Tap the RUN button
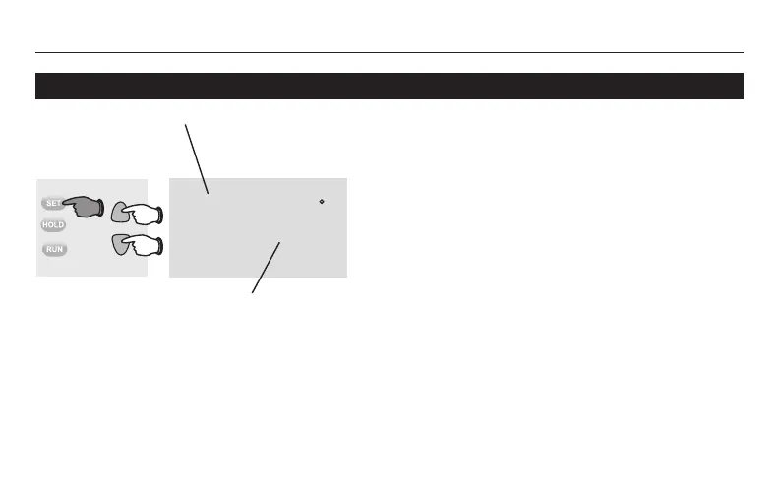pos(53,250)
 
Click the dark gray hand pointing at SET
pos(87,205)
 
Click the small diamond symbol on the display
pos(322,201)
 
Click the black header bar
pos(389,86)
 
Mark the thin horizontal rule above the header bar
pos(389,52)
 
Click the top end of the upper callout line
pos(186,124)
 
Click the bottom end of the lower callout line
pos(252,292)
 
